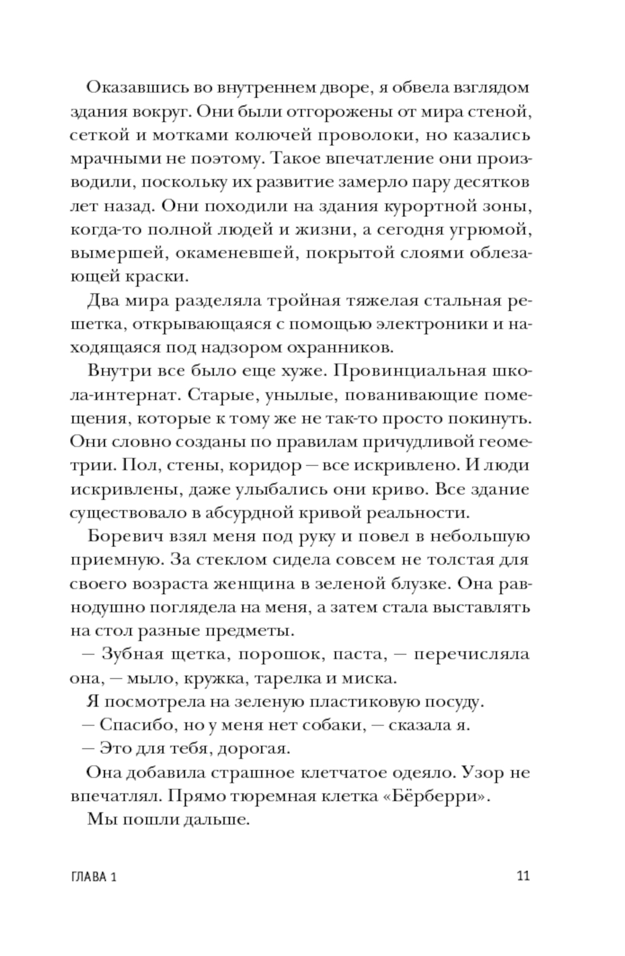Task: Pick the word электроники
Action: point(441,325)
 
